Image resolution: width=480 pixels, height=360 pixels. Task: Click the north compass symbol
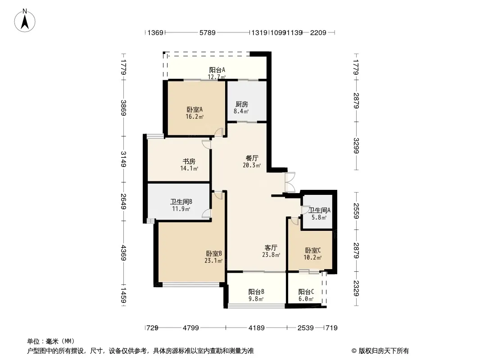tap(25, 21)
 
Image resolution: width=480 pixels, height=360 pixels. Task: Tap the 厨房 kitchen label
tap(241, 104)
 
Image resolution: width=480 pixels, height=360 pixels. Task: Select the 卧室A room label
tap(195, 109)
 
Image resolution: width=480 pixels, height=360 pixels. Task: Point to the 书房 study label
tap(189, 161)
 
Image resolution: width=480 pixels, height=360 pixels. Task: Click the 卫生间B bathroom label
tap(181, 202)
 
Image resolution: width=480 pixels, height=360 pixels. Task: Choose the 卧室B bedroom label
tap(214, 253)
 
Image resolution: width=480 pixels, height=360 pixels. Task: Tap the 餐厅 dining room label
tap(252, 158)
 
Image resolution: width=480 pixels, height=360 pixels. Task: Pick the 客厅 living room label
tap(271, 247)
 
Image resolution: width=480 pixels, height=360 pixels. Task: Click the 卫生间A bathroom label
tap(319, 211)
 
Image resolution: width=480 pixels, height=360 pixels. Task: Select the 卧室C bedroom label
tap(313, 251)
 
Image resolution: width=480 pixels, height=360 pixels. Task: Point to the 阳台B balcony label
tap(256, 292)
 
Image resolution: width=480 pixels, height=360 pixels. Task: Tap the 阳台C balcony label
tap(306, 292)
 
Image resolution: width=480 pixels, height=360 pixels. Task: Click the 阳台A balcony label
tap(217, 70)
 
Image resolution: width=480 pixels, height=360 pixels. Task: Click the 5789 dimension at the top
tap(207, 32)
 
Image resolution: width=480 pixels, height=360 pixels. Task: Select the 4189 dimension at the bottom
tap(256, 328)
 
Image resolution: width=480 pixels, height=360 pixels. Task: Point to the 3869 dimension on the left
tap(123, 108)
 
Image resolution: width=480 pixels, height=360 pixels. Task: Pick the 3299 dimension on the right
tap(356, 146)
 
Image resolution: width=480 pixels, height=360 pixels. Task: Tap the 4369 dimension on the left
tap(123, 252)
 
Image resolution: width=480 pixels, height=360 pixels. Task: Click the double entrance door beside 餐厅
tap(290, 182)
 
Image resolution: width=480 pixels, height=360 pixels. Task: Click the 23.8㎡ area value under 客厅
tap(271, 255)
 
